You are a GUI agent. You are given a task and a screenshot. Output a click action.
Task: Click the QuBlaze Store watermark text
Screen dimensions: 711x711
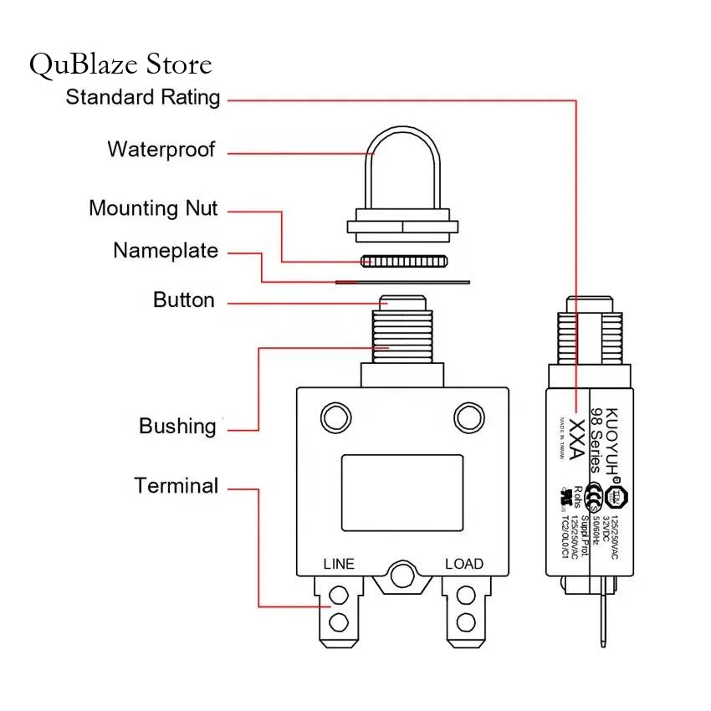[x=120, y=64]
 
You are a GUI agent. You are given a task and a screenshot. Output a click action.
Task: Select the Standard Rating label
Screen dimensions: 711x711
[x=143, y=97]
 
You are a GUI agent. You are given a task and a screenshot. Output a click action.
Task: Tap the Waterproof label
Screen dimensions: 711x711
[x=161, y=151]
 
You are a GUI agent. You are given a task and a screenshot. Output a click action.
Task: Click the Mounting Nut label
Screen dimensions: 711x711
[x=153, y=208]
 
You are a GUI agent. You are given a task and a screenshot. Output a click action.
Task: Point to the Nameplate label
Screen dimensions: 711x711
[x=166, y=251]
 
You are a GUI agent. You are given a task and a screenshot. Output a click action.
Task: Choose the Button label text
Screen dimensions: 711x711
[x=183, y=300]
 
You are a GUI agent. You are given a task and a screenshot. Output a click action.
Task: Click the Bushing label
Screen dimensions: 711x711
[x=177, y=427]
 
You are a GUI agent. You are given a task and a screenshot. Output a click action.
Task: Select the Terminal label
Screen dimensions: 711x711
[x=176, y=486]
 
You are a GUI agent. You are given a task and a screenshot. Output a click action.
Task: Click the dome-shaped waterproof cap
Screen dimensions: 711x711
[x=402, y=171]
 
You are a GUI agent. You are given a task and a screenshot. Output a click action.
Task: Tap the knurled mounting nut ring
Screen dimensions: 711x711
[x=402, y=261]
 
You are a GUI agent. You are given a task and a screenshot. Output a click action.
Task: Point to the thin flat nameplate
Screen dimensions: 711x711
[x=402, y=282]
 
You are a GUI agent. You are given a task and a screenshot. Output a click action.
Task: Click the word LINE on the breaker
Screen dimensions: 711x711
[x=339, y=564]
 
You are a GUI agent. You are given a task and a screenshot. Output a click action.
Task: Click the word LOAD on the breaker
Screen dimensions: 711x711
[x=464, y=564]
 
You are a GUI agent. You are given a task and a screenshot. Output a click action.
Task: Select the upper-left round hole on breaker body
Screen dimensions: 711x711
[x=336, y=417]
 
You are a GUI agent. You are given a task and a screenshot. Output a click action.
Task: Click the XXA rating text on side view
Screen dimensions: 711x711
[x=576, y=440]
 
